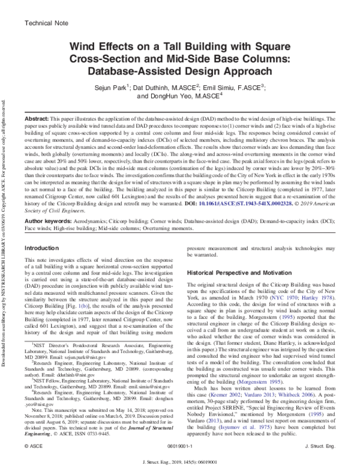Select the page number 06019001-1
tap(180, 447)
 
